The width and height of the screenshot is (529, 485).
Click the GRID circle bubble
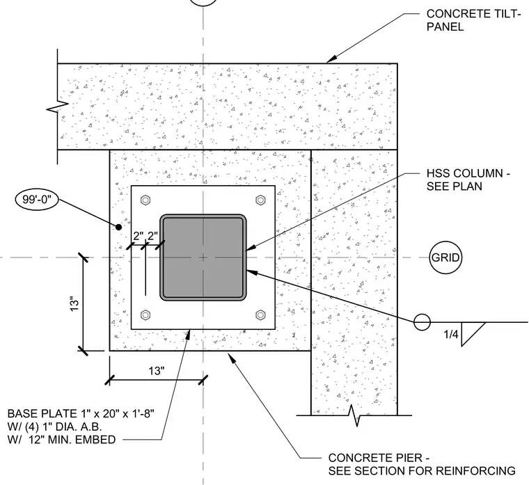click(445, 257)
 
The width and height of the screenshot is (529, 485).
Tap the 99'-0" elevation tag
click(36, 199)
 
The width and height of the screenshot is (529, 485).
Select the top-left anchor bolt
click(145, 200)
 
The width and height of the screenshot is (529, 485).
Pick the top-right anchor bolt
click(260, 200)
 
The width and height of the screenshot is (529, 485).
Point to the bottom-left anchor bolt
click(145, 315)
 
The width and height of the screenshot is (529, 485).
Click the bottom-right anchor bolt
click(260, 315)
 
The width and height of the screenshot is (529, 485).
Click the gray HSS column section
click(203, 257)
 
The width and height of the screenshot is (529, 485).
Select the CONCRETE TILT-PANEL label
click(474, 20)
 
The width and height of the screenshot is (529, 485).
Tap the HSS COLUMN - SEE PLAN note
click(468, 180)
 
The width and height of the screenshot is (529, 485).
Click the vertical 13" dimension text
click(74, 304)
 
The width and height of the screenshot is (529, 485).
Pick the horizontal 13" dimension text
click(157, 371)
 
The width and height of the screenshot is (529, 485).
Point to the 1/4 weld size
click(451, 334)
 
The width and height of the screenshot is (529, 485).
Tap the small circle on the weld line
click(422, 322)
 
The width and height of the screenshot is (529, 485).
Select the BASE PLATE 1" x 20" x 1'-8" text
click(81, 413)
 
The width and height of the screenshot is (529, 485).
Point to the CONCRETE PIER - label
click(379, 458)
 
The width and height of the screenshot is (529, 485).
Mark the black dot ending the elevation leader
click(118, 228)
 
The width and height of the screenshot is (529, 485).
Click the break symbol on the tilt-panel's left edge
click(57, 107)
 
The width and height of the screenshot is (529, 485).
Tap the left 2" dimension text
click(139, 236)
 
